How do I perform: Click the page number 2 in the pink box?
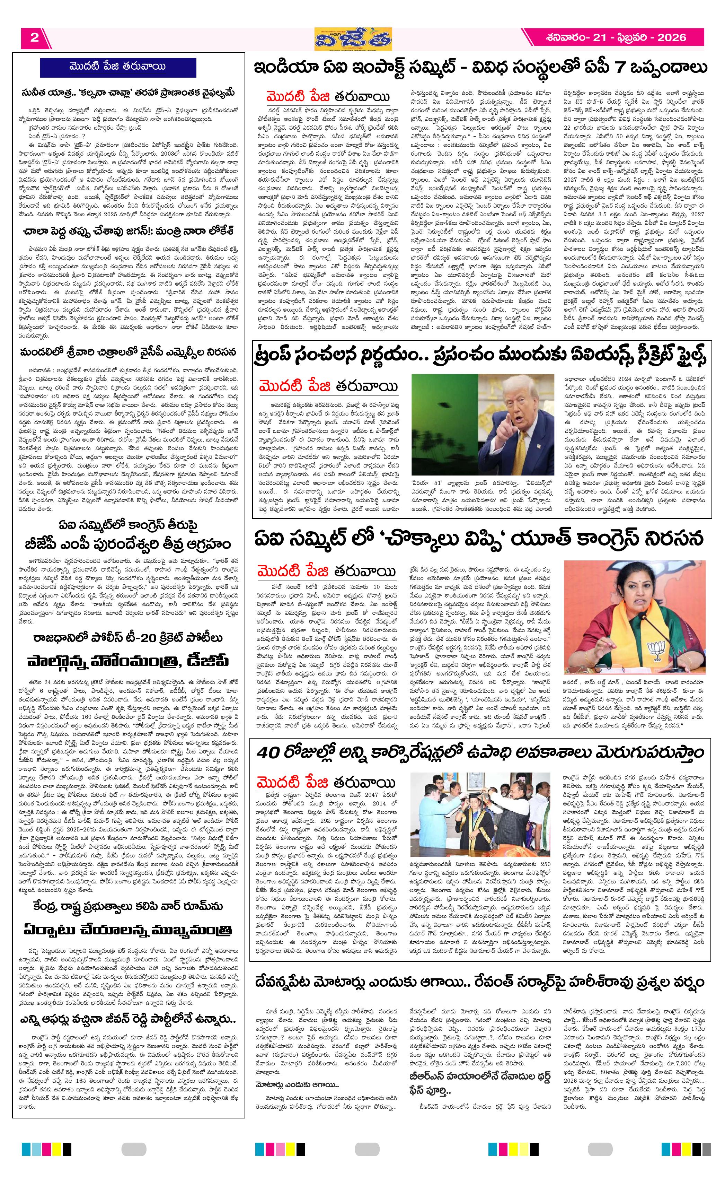click(x=34, y=38)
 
